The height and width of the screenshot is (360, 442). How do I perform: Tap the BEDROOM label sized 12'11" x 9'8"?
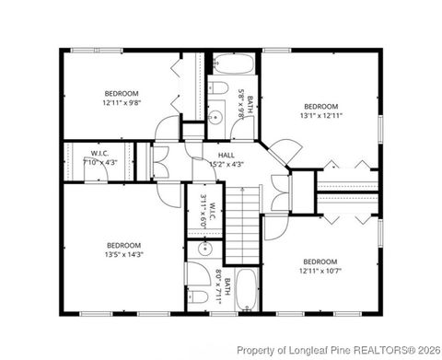[x=122, y=93]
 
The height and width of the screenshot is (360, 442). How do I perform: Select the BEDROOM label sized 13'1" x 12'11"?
[x=321, y=107]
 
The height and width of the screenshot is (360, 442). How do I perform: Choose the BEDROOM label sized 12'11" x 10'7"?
[x=321, y=261]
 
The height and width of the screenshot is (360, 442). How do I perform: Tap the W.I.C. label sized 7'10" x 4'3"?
[x=100, y=153]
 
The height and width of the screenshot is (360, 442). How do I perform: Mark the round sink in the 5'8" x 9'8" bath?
[x=215, y=116]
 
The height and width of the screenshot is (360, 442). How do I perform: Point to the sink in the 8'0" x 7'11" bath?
[x=204, y=250]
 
